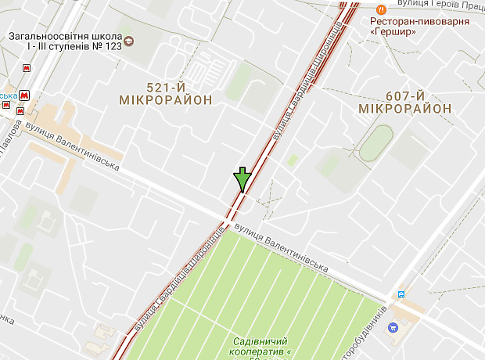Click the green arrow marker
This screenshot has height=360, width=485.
[242, 179]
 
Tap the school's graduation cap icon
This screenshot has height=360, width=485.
[130, 40]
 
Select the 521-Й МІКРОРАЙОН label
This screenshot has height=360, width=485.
[166, 93]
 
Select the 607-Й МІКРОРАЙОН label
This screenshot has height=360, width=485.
[404, 102]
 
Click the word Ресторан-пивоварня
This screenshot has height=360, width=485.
[419, 21]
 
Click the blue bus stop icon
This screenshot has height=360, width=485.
[401, 293]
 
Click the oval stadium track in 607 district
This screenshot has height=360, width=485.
[376, 144]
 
